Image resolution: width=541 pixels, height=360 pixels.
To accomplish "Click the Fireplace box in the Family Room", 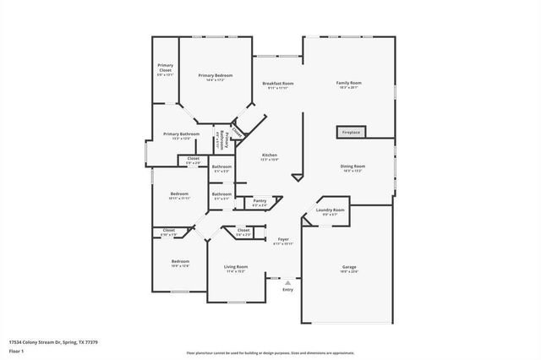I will pos(351,133).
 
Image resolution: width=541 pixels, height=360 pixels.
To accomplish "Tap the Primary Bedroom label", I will pos(216,76).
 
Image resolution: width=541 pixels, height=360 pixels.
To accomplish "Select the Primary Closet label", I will pos(165,69).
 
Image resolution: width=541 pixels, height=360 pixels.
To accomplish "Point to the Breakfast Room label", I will pos(278,83).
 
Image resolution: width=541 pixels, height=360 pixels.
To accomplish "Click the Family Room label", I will pos(348,83).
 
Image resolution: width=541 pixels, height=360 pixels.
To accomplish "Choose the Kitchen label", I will pos(270,155).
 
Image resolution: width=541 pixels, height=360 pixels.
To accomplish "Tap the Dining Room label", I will pos(352,166).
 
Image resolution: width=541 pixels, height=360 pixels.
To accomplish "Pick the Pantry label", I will pos(260,200).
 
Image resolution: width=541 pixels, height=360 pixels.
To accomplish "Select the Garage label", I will pos(348,268).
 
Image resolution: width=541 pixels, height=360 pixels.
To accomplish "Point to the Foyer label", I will pos(284,240).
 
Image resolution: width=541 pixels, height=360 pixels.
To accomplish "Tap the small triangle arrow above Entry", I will pos(287,282).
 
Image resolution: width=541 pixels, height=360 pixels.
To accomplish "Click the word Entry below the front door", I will pos(287,290).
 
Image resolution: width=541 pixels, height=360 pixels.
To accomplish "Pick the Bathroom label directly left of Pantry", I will pos(221,194).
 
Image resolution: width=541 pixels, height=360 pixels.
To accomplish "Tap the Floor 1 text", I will pos(17,351).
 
